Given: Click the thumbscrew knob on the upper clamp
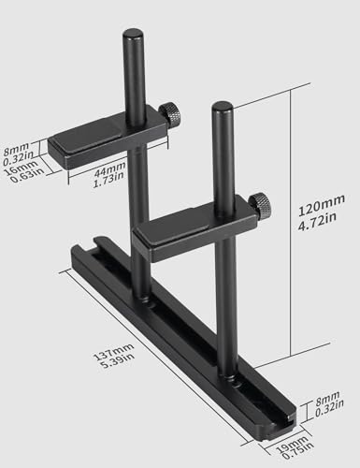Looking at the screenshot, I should click(x=170, y=115).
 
